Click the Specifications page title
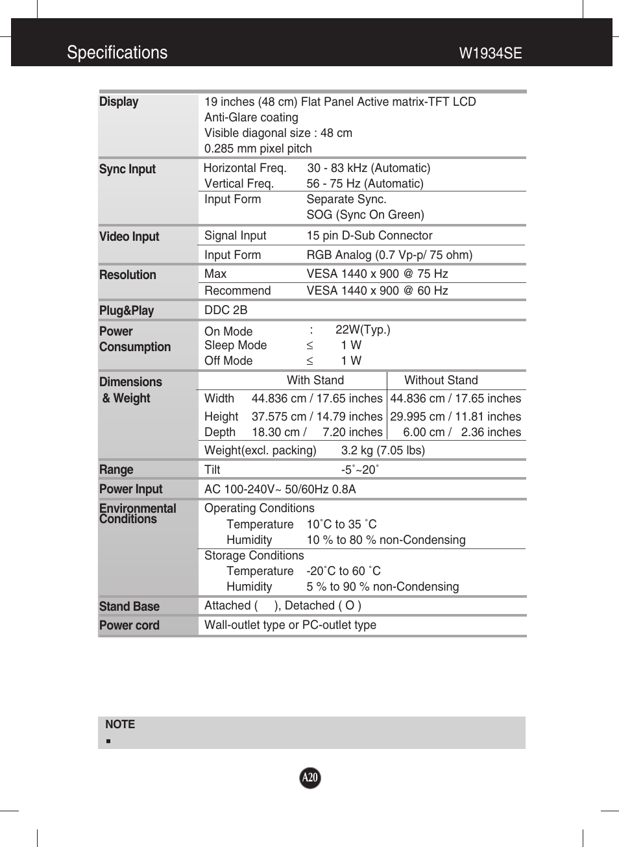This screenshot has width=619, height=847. (117, 53)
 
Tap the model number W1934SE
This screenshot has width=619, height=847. (490, 53)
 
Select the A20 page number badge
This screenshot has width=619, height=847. (310, 778)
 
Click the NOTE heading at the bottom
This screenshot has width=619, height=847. (120, 724)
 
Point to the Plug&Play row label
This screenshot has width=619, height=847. (127, 310)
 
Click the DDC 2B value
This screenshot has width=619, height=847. (226, 310)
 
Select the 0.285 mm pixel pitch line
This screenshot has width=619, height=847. (258, 149)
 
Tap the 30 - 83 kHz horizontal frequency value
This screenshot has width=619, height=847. (369, 168)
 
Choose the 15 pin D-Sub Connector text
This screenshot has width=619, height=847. (369, 236)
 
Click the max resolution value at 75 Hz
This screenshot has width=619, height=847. (377, 274)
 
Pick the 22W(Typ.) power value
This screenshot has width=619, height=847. (363, 330)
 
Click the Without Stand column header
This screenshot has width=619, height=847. (441, 380)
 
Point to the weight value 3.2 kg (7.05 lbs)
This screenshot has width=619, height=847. (383, 450)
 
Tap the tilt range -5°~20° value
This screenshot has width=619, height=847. (359, 470)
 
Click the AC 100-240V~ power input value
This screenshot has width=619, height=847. (280, 489)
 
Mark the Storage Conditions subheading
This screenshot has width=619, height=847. (254, 556)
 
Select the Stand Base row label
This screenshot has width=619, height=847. (129, 606)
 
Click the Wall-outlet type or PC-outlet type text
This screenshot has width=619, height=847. (290, 625)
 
